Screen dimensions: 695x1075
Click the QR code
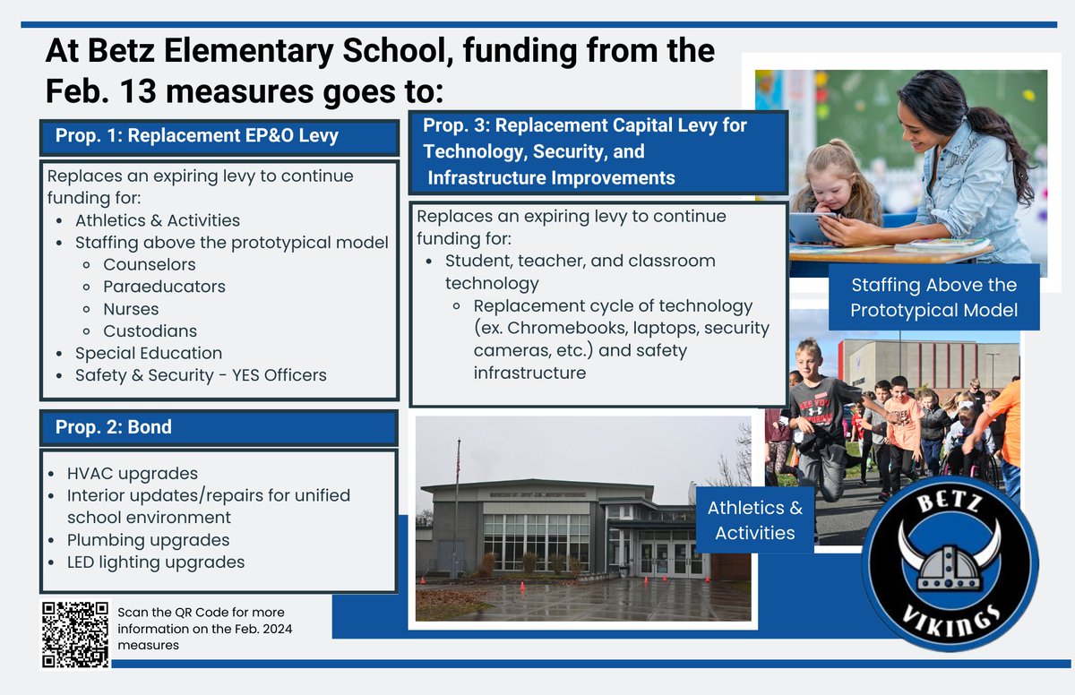coord(75,634)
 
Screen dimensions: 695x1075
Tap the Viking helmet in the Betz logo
coord(950,556)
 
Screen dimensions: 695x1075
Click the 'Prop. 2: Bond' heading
coord(114,427)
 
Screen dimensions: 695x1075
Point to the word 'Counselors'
coord(149,264)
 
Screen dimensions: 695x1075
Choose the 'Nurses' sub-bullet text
coord(131,309)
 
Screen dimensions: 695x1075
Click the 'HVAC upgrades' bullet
coord(133,473)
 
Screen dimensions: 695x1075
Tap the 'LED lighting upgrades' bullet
coord(156,562)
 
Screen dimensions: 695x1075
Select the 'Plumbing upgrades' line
coord(148,540)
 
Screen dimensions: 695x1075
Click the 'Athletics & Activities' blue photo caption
coord(755,520)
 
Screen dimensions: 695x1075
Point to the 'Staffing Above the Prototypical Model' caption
coord(933,297)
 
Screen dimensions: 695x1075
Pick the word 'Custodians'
coord(150,331)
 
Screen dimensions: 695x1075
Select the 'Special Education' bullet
coord(149,353)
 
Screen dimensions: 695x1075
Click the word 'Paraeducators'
coord(164,287)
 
